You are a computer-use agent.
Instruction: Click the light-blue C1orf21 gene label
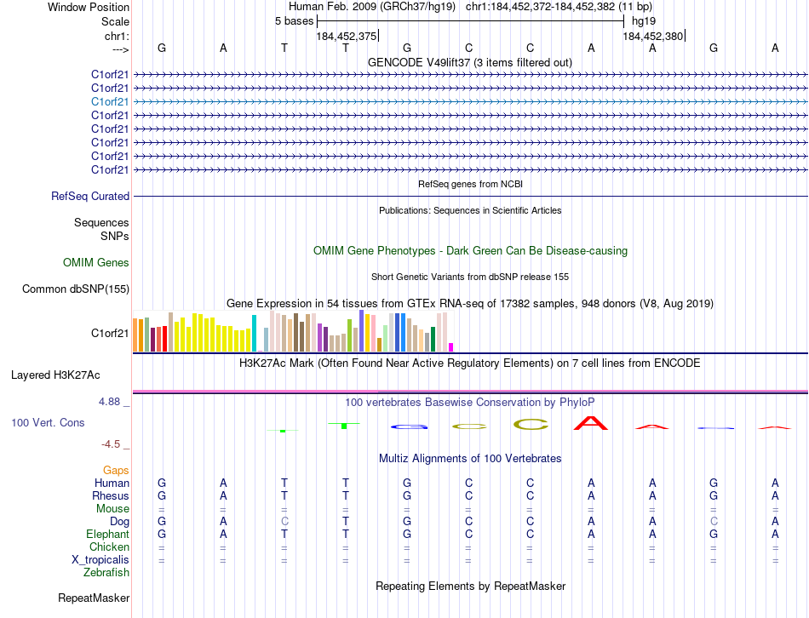tap(110, 101)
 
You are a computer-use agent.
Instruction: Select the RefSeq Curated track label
tap(90, 197)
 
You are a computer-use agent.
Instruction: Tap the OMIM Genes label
tap(96, 263)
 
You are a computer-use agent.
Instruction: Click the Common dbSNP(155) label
tap(76, 289)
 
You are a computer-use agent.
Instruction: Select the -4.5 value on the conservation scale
tap(112, 443)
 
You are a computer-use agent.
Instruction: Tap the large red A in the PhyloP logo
tap(591, 421)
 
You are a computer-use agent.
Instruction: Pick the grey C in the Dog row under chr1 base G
tap(714, 521)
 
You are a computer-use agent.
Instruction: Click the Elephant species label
tap(107, 534)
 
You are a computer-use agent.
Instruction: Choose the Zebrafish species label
tap(106, 572)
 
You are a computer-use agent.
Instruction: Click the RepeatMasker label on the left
tap(94, 598)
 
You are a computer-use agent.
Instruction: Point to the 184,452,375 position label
tap(346, 37)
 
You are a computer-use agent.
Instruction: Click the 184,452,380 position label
tap(652, 37)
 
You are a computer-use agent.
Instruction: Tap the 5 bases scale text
tap(294, 21)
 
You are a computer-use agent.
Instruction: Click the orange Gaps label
tap(116, 470)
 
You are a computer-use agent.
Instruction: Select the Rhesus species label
tap(111, 495)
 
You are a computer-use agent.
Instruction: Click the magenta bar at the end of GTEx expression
tap(451, 346)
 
